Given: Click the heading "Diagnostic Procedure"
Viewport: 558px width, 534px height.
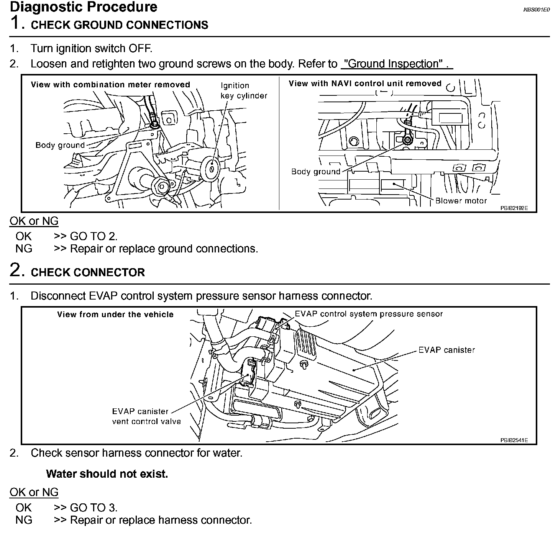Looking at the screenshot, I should [84, 7].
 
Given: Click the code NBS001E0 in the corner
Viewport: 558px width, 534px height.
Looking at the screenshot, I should [537, 10].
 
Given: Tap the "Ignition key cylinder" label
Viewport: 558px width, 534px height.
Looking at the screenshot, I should [244, 90].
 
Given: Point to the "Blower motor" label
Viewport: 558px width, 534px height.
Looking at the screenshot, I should [461, 201].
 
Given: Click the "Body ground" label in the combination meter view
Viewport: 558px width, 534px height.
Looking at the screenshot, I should [60, 145].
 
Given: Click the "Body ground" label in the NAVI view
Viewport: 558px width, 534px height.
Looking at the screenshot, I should [315, 172].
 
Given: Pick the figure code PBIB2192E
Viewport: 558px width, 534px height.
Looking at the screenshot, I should [514, 208].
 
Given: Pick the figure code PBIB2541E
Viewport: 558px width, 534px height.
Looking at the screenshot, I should [514, 440].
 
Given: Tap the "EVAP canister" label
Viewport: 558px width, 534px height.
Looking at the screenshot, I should [446, 350].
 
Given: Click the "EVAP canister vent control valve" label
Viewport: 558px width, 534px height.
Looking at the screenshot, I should [146, 416].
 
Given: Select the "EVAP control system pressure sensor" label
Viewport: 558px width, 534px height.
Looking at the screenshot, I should [369, 314].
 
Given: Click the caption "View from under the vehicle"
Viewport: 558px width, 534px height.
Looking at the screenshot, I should [115, 315].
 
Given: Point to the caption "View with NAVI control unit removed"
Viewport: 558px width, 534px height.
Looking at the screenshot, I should [365, 84].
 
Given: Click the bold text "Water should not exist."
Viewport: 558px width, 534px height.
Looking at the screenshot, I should [107, 474].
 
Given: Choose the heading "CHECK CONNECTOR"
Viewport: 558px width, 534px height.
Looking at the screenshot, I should [88, 272].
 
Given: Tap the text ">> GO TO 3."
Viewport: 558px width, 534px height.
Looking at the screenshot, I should [85, 508].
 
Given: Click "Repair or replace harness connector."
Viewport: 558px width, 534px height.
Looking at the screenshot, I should [161, 520].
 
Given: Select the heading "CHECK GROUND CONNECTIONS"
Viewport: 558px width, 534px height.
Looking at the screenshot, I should [119, 25].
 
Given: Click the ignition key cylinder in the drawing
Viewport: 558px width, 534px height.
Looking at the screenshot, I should [211, 168].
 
